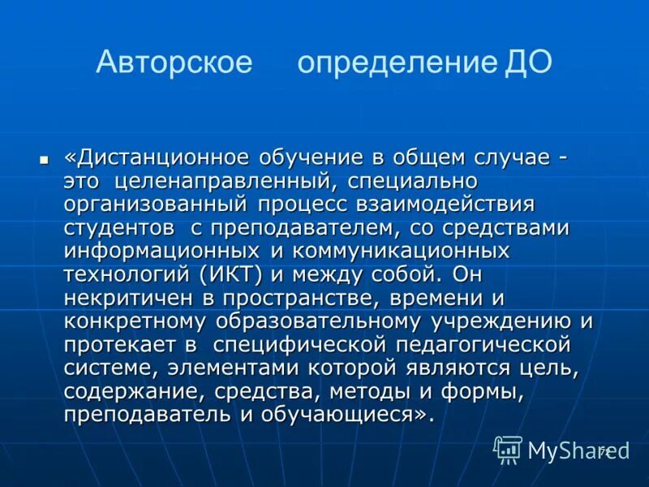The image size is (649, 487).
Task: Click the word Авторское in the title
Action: click(x=174, y=62)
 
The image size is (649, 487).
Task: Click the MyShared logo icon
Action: click(x=509, y=450)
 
